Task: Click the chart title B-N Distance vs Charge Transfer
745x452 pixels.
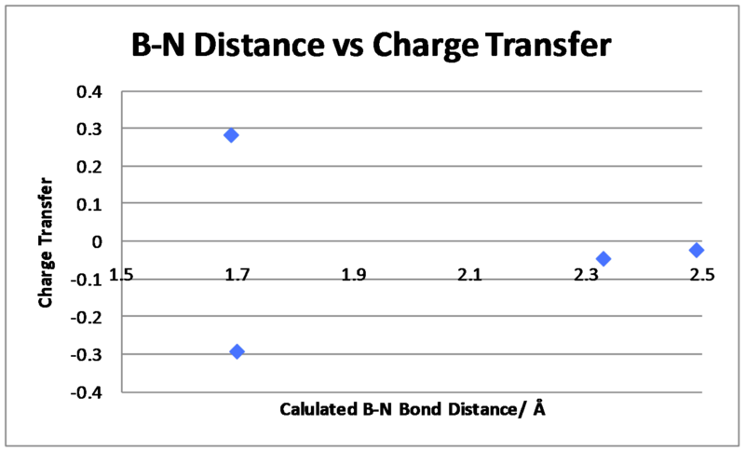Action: pyautogui.click(x=371, y=45)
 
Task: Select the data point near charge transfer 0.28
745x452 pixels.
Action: pyautogui.click(x=231, y=135)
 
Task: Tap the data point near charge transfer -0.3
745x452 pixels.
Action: pyautogui.click(x=237, y=351)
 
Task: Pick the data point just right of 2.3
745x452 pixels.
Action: pyautogui.click(x=603, y=259)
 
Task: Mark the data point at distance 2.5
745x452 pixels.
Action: pyautogui.click(x=697, y=250)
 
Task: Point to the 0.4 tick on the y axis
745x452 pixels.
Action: pyautogui.click(x=89, y=91)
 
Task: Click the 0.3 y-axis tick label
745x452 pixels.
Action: pyautogui.click(x=89, y=129)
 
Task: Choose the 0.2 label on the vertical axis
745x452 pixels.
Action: pyautogui.click(x=89, y=167)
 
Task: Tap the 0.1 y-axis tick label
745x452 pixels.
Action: pyautogui.click(x=89, y=204)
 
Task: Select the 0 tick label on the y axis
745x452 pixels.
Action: pyautogui.click(x=97, y=242)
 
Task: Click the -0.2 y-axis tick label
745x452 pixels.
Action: pyautogui.click(x=86, y=317)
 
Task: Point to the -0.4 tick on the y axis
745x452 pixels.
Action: pyautogui.click(x=86, y=393)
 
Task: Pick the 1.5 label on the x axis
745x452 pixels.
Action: pyautogui.click(x=121, y=275)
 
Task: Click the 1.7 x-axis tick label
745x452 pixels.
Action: pyautogui.click(x=237, y=275)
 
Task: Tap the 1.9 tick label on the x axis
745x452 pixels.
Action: pyautogui.click(x=354, y=275)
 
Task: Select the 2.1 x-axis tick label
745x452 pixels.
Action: pyautogui.click(x=470, y=275)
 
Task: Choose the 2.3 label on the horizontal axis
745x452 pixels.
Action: pyautogui.click(x=586, y=275)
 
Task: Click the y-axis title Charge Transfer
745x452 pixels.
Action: pyautogui.click(x=46, y=242)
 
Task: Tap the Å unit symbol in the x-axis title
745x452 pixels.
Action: pyautogui.click(x=539, y=407)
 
